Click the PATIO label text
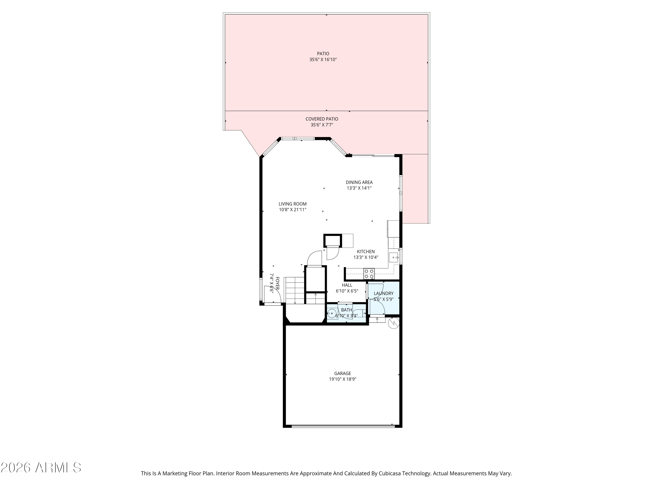(x=323, y=53)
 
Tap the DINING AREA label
(x=359, y=182)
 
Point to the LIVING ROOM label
(x=293, y=204)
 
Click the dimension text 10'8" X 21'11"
(x=293, y=210)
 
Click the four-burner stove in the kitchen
(x=369, y=274)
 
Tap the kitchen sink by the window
(x=393, y=257)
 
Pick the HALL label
(x=347, y=285)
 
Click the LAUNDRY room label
(x=384, y=293)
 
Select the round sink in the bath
(x=332, y=313)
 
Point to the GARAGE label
(x=342, y=373)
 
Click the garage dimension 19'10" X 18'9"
(x=342, y=379)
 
